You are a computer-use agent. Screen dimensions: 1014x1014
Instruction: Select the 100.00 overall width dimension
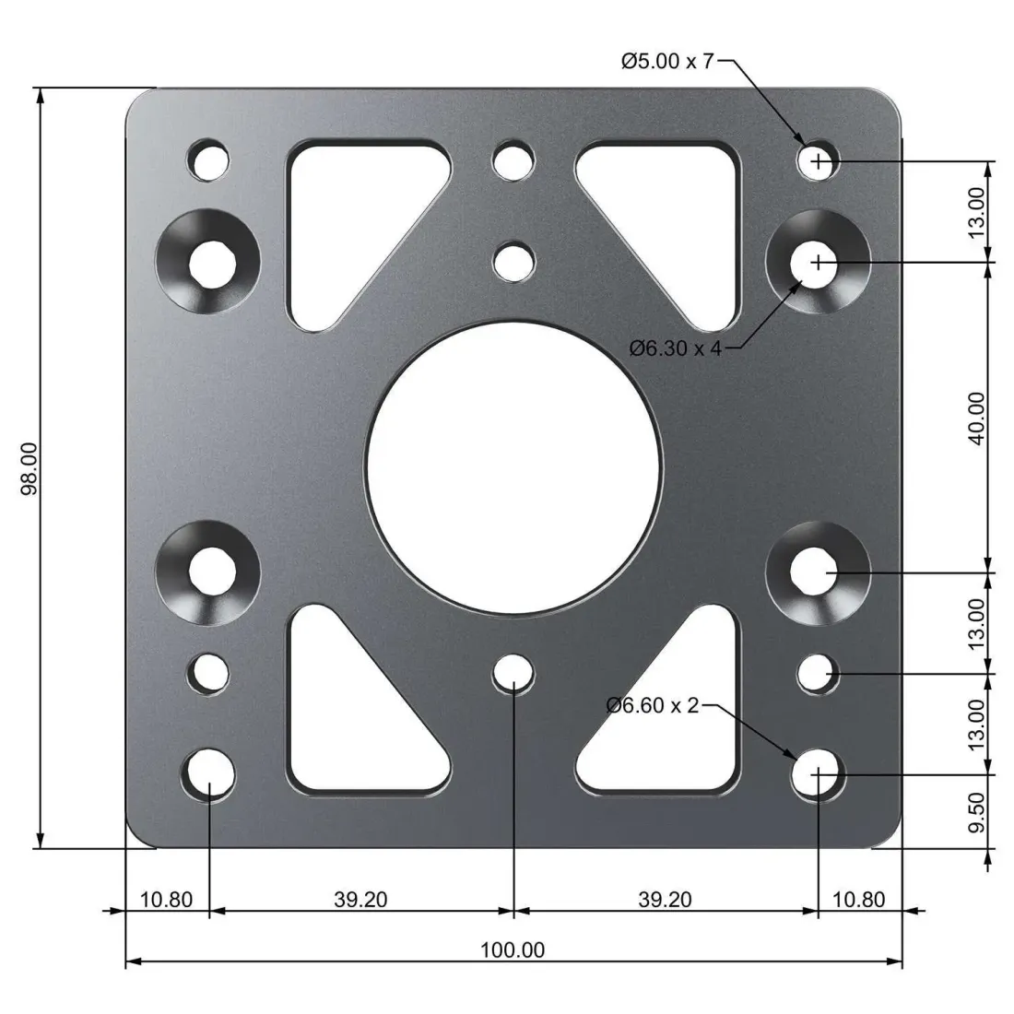point(513,949)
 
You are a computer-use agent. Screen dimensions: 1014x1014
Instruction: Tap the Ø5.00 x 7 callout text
point(667,62)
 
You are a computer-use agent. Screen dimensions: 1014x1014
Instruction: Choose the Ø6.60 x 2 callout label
point(653,705)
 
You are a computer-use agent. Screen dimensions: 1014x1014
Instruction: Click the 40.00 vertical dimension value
point(977,417)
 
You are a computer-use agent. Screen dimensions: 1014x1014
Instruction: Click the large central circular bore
point(513,467)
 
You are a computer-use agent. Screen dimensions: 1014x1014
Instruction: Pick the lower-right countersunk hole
point(819,572)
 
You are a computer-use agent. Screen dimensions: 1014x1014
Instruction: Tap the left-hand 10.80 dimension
point(166,899)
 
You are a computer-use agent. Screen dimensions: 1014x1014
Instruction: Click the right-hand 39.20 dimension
point(665,899)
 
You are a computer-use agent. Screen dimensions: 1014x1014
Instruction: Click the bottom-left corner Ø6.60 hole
point(209,772)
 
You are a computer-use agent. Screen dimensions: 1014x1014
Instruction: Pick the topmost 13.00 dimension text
point(977,210)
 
